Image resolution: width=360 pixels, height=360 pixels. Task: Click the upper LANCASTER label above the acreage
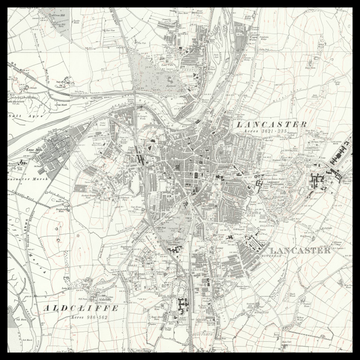tap(271, 123)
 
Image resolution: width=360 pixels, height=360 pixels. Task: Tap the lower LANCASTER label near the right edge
tap(300, 250)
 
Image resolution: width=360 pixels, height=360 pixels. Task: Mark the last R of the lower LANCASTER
tap(328, 250)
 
